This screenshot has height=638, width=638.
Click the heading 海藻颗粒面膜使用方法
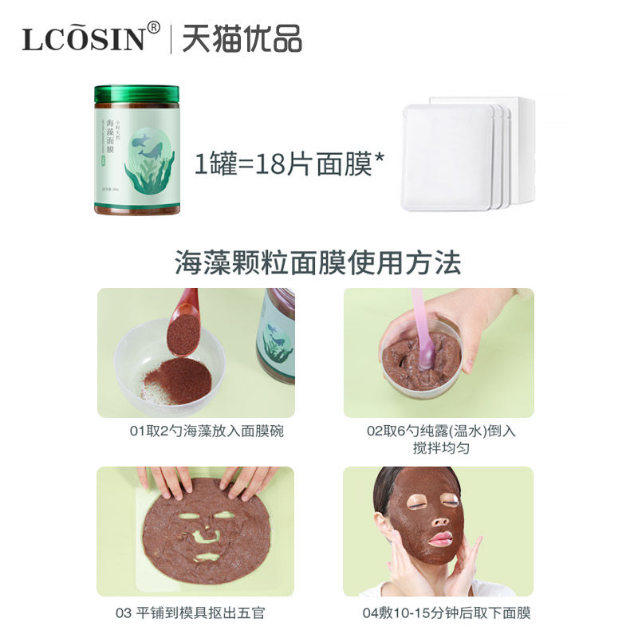click(x=318, y=262)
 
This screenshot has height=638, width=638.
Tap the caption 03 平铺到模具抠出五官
click(x=195, y=613)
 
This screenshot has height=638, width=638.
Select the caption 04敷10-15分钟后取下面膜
click(x=447, y=613)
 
